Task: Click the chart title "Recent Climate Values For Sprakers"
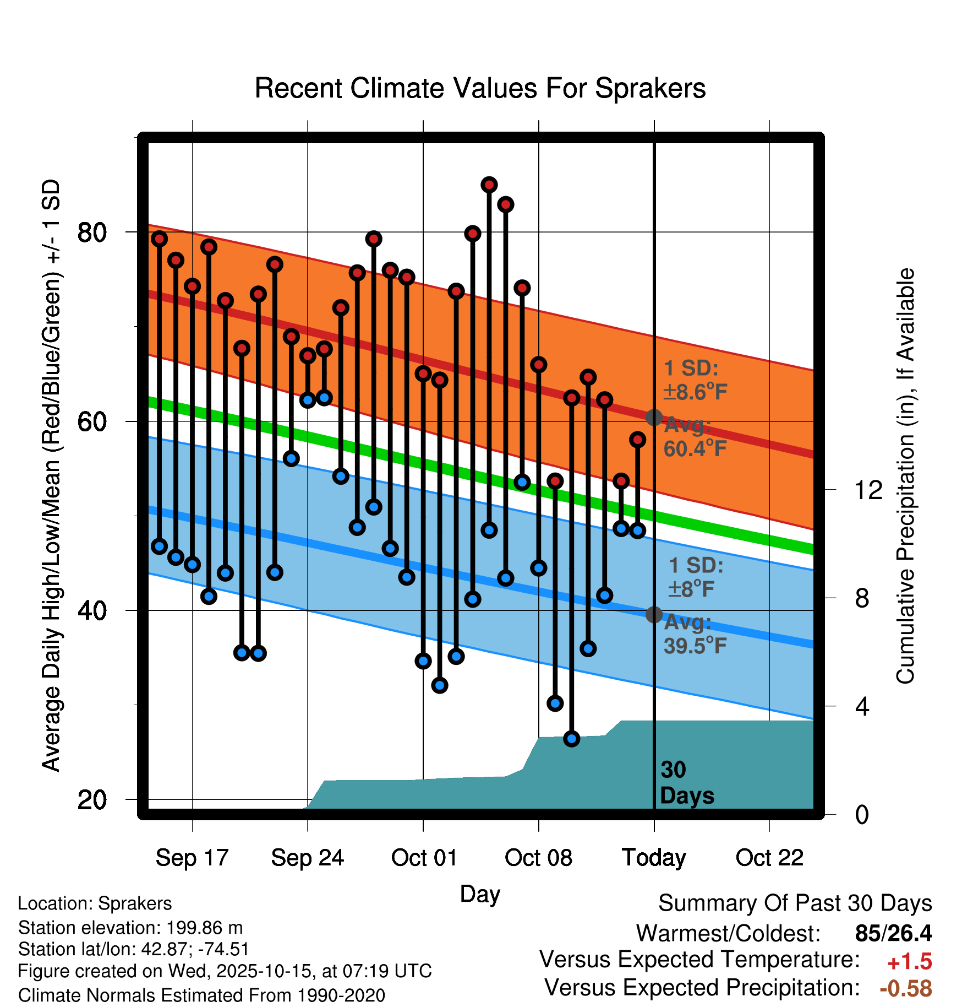point(480,88)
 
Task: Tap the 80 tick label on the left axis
point(92,232)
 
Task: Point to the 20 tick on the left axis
point(92,800)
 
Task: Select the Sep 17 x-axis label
point(192,858)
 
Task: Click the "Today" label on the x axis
point(654,858)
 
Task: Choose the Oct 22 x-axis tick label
point(769,858)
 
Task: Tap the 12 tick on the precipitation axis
point(868,490)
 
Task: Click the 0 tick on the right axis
point(862,814)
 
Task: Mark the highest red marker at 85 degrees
point(489,185)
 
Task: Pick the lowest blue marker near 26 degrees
point(572,739)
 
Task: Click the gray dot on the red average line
point(654,418)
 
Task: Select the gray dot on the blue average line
point(654,614)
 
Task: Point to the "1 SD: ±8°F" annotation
point(695,577)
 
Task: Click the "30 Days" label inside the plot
point(686,783)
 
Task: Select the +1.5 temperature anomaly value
point(909,962)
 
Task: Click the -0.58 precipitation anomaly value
point(905,988)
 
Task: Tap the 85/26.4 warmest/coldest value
point(893,933)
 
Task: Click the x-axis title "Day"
point(480,894)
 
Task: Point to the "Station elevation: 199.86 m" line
point(130,928)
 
